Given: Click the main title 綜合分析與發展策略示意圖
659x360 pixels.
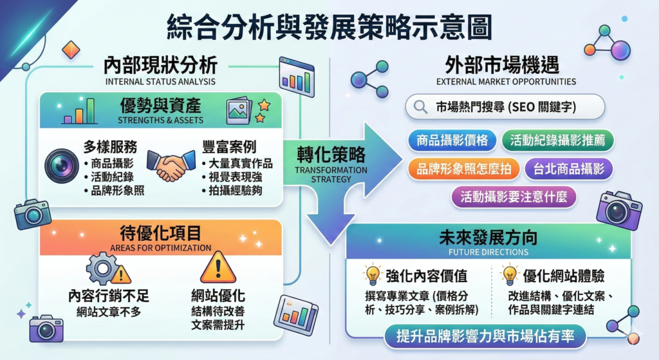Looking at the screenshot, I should pos(329,28).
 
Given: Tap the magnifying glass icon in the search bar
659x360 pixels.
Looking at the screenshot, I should pos(421,107).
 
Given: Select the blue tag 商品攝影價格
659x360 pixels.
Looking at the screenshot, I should pos(452,140).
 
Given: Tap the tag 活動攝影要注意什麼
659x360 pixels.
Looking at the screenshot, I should pos(514,196).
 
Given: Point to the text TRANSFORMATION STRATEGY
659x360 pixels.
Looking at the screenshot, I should pos(331,175).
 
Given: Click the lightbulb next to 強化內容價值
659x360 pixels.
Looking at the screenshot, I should pos(373,275).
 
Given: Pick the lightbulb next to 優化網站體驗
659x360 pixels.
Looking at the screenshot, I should pos(509,275).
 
